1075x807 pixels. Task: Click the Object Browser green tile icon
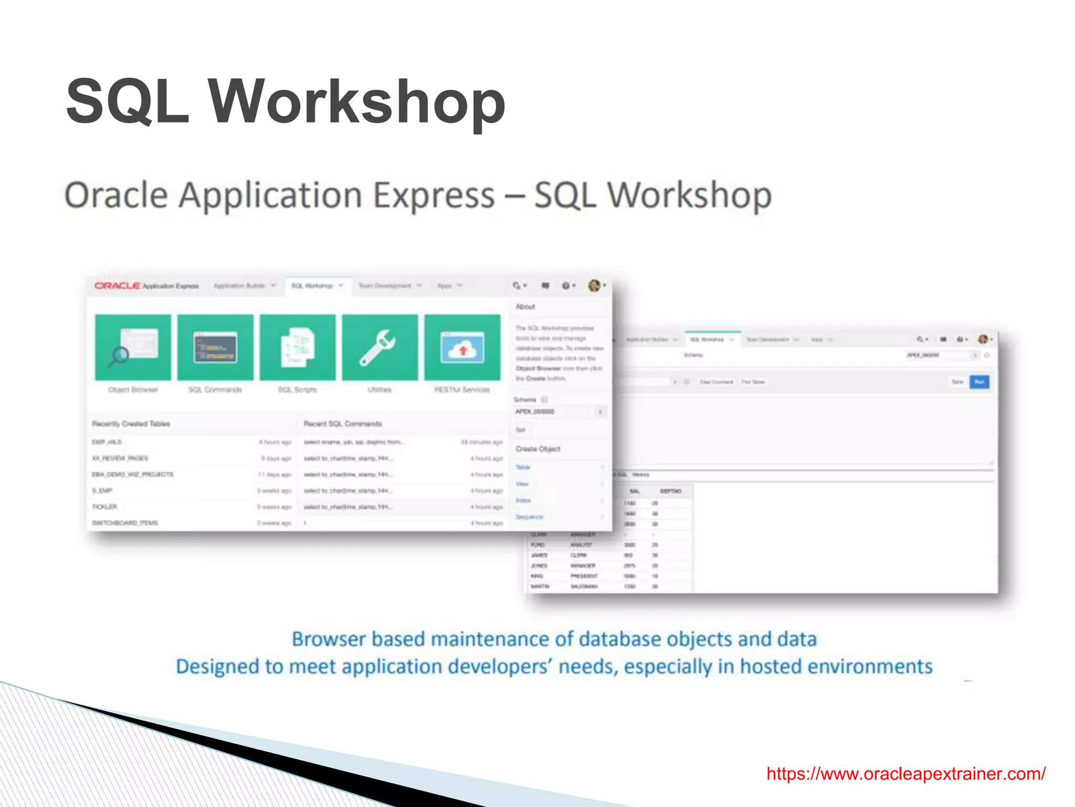[x=133, y=347]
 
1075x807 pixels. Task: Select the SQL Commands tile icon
[x=215, y=347]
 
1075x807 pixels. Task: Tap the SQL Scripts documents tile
[x=298, y=347]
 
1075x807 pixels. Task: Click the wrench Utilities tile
[x=380, y=347]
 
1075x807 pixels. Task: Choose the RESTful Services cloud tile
[x=462, y=347]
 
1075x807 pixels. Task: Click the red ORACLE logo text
[x=118, y=285]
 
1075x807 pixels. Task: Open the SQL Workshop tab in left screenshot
[x=312, y=286]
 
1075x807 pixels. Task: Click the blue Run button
[x=979, y=382]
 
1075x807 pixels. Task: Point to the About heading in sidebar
[x=525, y=307]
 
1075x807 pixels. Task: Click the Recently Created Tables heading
[x=131, y=424]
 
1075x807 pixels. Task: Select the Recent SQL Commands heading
[x=343, y=424]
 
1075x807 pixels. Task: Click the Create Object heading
[x=537, y=449]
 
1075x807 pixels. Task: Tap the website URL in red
[x=906, y=774]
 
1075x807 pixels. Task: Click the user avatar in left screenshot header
[x=594, y=286]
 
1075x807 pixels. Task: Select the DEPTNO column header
[x=670, y=491]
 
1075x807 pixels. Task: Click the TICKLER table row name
[x=104, y=507]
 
